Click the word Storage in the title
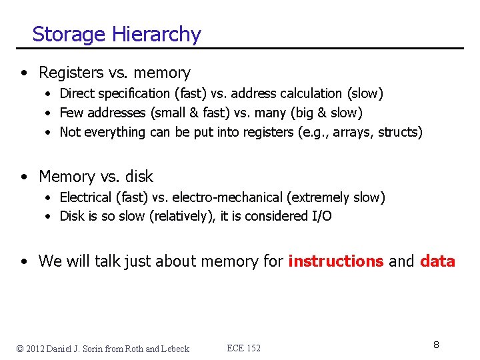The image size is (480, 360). point(70,34)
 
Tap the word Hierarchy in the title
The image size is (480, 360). point(157,34)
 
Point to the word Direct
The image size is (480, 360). point(77,93)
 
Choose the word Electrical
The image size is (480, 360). point(86,197)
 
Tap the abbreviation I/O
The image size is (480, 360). point(321,216)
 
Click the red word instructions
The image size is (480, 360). point(335,261)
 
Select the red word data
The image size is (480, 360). point(437,261)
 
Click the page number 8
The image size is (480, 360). point(436,345)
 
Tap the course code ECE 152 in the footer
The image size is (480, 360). point(244,348)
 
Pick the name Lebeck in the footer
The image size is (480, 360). point(175,349)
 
